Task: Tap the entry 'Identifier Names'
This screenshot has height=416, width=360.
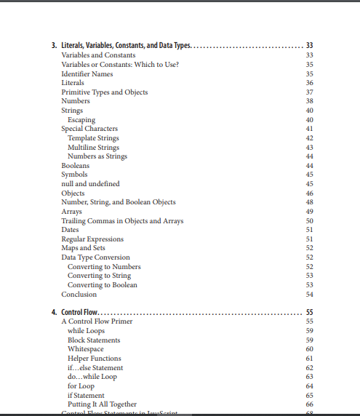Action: (87, 73)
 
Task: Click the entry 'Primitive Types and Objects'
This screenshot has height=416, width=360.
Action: (104, 92)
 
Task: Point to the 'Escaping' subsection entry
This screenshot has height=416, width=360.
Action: (81, 119)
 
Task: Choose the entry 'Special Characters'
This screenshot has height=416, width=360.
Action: (89, 129)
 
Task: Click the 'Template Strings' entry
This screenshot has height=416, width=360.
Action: (93, 138)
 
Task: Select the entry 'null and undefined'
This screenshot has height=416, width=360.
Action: (90, 184)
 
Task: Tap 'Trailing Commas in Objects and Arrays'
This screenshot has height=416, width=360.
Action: (122, 220)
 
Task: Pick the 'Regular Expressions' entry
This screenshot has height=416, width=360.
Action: (92, 239)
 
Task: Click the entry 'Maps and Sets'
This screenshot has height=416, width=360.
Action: (83, 248)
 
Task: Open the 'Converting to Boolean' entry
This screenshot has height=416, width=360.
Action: (102, 285)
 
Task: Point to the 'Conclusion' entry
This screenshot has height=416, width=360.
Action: (79, 295)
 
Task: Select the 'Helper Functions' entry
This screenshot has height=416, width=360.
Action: (94, 358)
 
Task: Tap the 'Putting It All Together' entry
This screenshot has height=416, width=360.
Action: (102, 404)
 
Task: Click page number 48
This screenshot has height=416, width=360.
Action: (309, 202)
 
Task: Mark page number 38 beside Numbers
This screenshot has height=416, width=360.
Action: (309, 101)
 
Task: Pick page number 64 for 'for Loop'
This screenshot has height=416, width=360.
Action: (309, 385)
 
